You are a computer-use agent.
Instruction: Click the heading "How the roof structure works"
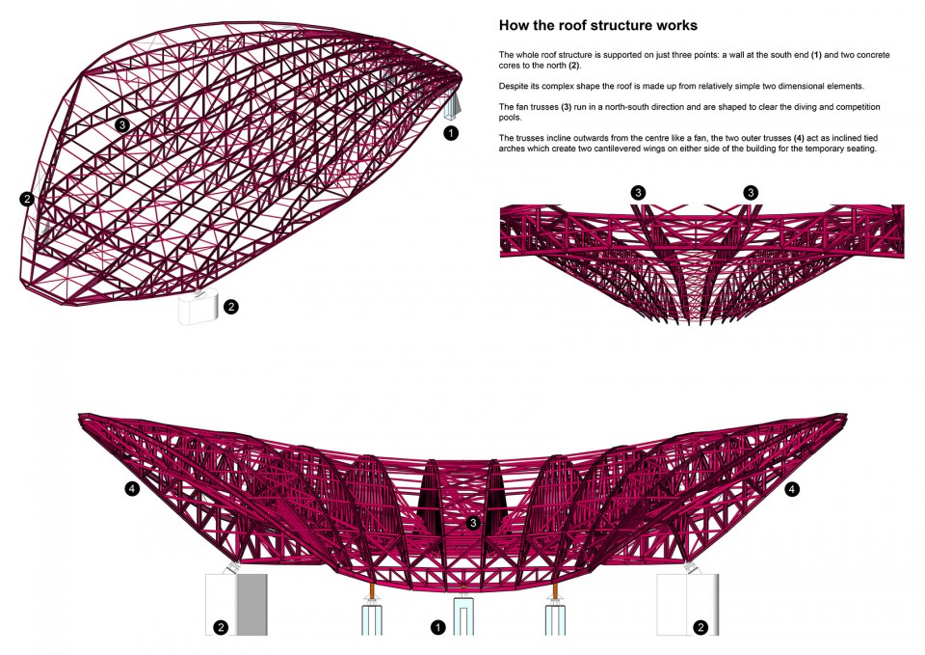click(597, 25)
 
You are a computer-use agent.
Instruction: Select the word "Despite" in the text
click(514, 86)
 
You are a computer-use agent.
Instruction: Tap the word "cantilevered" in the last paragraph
click(667, 149)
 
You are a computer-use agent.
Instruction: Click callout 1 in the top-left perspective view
click(451, 133)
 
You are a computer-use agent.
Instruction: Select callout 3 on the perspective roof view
click(122, 124)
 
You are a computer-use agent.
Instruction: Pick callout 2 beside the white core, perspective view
click(231, 307)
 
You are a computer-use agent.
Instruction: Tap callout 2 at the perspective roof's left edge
click(27, 199)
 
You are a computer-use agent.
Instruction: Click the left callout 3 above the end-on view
click(638, 193)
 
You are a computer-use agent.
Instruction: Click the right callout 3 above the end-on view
click(751, 193)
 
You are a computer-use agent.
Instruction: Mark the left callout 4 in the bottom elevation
click(132, 488)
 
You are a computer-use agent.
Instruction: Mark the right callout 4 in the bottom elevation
click(792, 489)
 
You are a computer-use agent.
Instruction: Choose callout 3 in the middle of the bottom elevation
click(472, 523)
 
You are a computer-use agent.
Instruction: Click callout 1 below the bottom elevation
click(437, 627)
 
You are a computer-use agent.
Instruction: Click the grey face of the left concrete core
click(251, 604)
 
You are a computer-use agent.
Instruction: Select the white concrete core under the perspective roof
click(198, 308)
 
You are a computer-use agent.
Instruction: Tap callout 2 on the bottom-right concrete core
click(700, 627)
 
